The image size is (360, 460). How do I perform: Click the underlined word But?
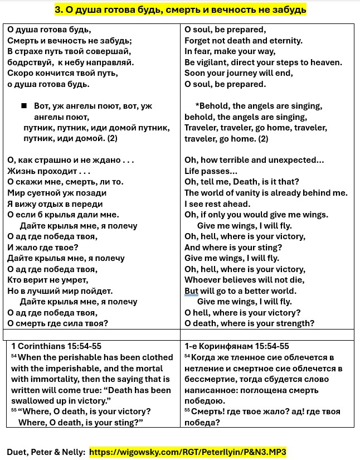click(x=191, y=291)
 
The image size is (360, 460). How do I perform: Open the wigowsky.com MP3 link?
click(x=188, y=452)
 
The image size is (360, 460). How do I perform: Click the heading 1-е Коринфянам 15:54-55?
click(x=237, y=346)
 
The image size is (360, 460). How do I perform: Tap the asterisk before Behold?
click(x=197, y=106)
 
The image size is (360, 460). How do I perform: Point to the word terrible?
click(x=237, y=160)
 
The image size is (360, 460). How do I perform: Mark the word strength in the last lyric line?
click(x=295, y=323)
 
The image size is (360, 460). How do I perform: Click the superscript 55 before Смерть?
click(x=187, y=411)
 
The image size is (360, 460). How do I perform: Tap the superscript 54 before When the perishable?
click(x=14, y=357)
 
